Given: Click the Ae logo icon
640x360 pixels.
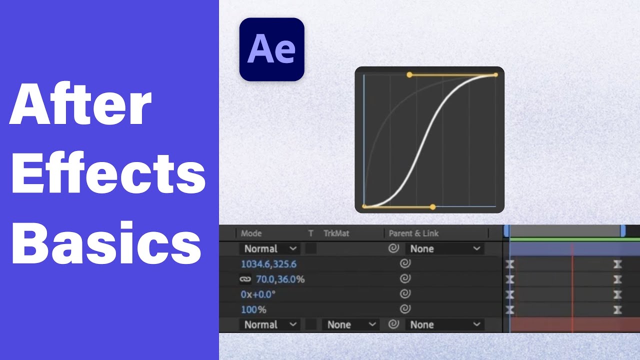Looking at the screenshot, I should click(x=271, y=49).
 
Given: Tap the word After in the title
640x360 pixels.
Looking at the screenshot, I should click(x=80, y=105).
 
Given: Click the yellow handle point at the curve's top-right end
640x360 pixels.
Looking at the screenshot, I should click(x=495, y=75).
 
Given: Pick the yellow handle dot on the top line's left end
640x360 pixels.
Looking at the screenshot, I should click(x=409, y=75).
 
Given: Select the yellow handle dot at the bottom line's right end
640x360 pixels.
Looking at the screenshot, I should click(x=433, y=206).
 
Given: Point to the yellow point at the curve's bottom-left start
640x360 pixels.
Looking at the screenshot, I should click(x=364, y=206).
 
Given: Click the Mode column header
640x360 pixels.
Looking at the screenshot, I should click(x=251, y=233).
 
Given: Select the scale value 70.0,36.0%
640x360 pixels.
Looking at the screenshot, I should click(x=280, y=279).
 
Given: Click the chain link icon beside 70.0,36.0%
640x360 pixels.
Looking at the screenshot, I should click(x=245, y=279).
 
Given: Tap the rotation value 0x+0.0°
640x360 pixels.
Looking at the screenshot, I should click(x=258, y=294).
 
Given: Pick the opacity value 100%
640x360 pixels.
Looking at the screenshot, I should click(x=253, y=309).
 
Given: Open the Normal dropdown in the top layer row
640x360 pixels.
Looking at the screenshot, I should click(x=270, y=248).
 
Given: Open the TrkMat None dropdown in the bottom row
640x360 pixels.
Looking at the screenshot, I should click(x=350, y=324).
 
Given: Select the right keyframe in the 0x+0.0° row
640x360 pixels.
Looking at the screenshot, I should click(x=617, y=294).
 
